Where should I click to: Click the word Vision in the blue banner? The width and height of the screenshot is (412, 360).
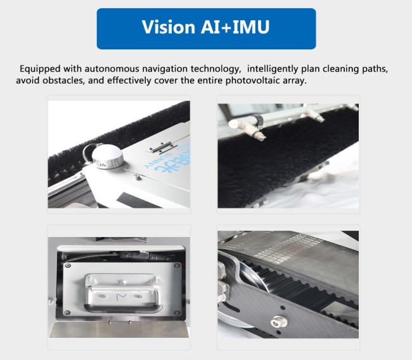tap(168, 27)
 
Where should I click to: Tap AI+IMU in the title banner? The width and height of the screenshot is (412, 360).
tap(235, 27)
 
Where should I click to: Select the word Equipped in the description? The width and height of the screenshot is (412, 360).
tap(40, 69)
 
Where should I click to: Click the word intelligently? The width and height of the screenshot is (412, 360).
tap(273, 69)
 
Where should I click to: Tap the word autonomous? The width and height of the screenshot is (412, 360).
tap(112, 69)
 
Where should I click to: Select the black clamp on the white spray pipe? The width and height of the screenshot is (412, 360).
tap(258, 121)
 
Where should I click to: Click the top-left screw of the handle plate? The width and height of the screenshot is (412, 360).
tap(68, 266)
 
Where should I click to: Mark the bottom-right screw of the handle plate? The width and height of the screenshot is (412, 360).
tap(177, 312)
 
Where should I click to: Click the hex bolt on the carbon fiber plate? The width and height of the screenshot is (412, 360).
tap(276, 321)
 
